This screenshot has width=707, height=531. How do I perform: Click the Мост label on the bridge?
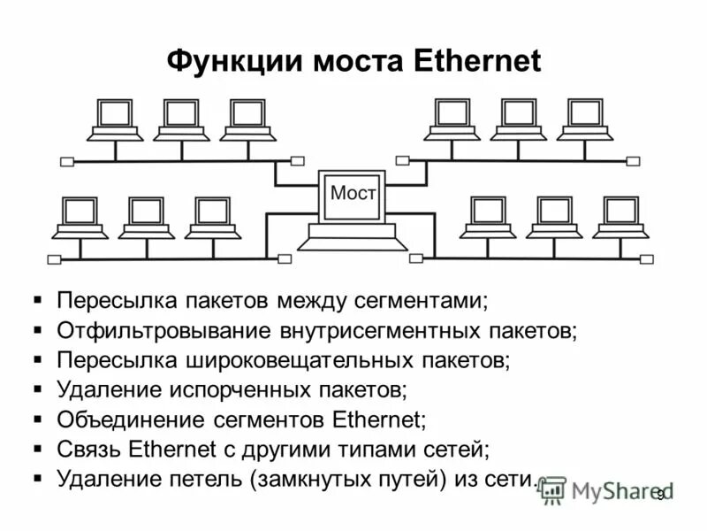[353, 192]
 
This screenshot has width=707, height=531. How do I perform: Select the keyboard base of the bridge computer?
[352, 236]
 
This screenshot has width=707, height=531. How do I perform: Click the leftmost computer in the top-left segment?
[115, 120]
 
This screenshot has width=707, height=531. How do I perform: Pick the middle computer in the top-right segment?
[518, 119]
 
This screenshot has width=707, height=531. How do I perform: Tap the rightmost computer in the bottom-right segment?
[621, 218]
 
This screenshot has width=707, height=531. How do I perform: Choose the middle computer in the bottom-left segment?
[147, 218]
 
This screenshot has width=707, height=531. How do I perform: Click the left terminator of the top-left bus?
[67, 162]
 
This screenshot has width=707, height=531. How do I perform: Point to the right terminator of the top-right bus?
[633, 161]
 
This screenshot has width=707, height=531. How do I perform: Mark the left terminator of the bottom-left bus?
[54, 259]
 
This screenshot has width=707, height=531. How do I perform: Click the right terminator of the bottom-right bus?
[647, 259]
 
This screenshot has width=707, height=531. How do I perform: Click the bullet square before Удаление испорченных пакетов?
[37, 389]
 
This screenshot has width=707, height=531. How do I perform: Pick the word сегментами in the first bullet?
[430, 301]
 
